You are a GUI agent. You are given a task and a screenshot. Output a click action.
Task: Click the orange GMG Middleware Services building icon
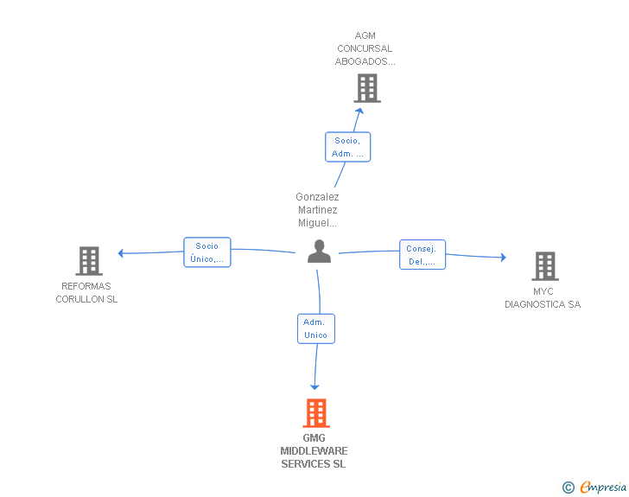(x=316, y=413)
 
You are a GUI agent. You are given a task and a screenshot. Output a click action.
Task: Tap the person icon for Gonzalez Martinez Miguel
(x=319, y=252)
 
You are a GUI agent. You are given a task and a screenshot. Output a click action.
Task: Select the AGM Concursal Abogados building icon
(x=367, y=88)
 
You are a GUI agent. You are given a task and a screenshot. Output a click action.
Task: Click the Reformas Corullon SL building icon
(x=89, y=261)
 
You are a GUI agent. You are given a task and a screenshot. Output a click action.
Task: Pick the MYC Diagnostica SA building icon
(x=544, y=266)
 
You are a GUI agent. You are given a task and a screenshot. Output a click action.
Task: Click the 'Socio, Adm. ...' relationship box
(x=347, y=147)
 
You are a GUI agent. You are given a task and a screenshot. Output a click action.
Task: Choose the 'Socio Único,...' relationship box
(x=207, y=252)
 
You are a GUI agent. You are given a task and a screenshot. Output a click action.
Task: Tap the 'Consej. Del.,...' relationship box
(x=422, y=255)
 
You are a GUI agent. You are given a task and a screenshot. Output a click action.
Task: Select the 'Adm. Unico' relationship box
(x=315, y=328)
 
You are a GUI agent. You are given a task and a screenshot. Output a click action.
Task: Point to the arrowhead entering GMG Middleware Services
(x=314, y=386)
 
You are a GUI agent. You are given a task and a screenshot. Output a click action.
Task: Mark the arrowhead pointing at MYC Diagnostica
(x=503, y=257)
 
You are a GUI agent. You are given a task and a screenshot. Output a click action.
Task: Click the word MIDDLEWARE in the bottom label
(x=314, y=451)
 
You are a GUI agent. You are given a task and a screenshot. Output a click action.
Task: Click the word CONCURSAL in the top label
(x=365, y=48)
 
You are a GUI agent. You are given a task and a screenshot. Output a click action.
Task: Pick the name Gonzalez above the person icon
(x=317, y=197)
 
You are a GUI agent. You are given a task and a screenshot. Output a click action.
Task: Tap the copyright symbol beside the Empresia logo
(x=569, y=487)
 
